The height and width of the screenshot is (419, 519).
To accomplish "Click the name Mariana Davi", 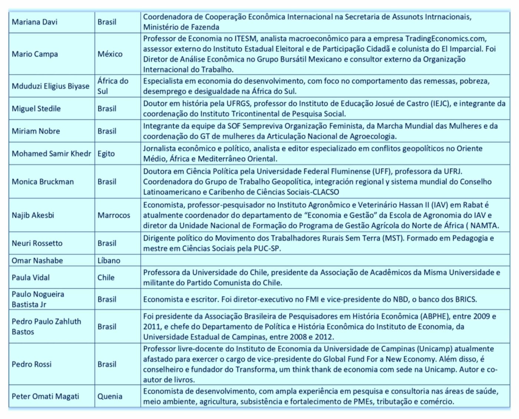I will click(34, 22).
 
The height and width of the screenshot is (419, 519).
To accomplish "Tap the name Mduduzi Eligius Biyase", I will click(50, 86).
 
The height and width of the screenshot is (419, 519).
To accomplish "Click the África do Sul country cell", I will click(113, 86).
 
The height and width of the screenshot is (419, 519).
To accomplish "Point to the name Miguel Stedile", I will click(36, 108).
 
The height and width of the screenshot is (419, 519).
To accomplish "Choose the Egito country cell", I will click(106, 154).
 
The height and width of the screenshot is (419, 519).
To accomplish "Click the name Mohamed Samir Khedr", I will click(51, 154).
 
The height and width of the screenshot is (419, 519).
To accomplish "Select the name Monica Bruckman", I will click(43, 181).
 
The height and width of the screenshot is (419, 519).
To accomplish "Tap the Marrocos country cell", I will click(114, 215).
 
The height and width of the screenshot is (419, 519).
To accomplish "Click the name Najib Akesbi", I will click(33, 215).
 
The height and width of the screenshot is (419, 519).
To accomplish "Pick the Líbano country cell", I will click(109, 261).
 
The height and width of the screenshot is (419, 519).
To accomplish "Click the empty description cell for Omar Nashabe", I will click(325, 260).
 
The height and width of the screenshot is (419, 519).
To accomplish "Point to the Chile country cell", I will click(106, 277).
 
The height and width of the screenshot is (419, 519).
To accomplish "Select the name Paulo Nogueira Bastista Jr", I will click(38, 299).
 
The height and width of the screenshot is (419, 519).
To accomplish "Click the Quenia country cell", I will click(110, 396).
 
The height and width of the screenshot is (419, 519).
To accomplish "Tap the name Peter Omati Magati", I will click(45, 396).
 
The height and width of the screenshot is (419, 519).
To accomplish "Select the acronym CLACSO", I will click(324, 192).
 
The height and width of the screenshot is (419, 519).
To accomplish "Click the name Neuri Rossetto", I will click(37, 243).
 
